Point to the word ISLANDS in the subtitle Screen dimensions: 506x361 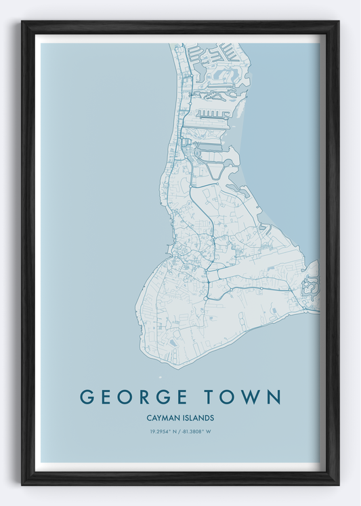coord(198,419)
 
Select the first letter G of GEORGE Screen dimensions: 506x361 coord(87,397)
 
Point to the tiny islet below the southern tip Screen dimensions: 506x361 coord(161,377)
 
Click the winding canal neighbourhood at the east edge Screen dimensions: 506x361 coord(311,285)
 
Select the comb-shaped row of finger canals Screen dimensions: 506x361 coord(211,113)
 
